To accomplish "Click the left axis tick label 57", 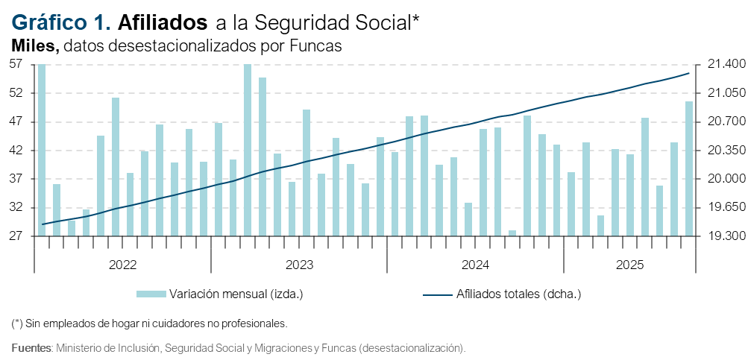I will [17, 65].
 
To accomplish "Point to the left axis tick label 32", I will [17, 208].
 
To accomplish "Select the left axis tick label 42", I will [17, 151].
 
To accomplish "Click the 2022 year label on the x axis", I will [122, 265].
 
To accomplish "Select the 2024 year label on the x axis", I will [474, 265].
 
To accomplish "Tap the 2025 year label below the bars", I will [629, 265].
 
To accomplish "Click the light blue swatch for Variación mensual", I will [152, 294].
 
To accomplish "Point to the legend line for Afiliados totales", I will [438, 294].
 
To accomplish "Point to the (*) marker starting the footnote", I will [17, 324].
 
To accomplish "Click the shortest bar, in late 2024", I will [512, 233].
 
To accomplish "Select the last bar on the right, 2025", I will [689, 168].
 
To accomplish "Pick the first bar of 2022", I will [42, 150].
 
